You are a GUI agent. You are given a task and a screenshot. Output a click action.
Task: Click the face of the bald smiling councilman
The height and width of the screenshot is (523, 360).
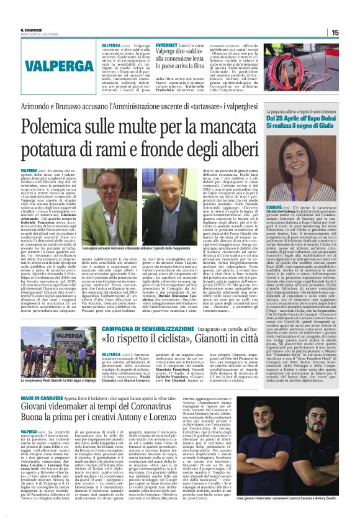(173, 200)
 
